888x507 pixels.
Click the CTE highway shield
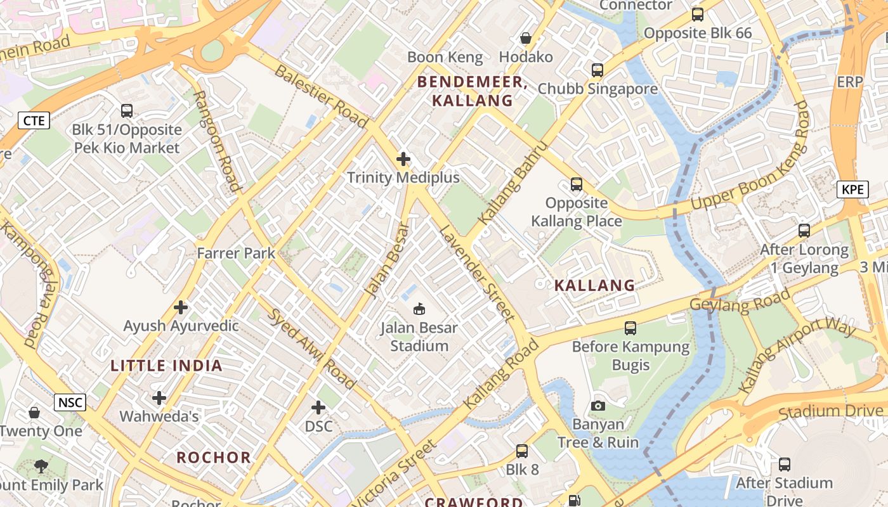coord(33,120)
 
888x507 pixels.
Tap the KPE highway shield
coord(852,189)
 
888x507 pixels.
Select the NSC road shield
coord(69,402)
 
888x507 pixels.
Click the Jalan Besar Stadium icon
coord(419,309)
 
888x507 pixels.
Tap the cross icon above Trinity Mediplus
coord(403,158)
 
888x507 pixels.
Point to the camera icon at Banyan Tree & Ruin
coord(597,406)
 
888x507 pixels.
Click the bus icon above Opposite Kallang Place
coord(576,184)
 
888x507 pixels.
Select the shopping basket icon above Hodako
coord(525,38)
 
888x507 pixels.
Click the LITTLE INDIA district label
coord(166,366)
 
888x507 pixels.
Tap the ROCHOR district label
coord(214,458)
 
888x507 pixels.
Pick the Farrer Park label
coord(236,253)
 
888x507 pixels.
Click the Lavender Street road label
coord(476,273)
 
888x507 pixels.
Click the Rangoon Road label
coord(217,141)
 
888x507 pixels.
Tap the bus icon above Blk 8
coord(521,451)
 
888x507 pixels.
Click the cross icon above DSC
coord(318,408)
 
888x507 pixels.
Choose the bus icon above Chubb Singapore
coord(597,70)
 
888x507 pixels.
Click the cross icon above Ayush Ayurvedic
coord(181,307)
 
